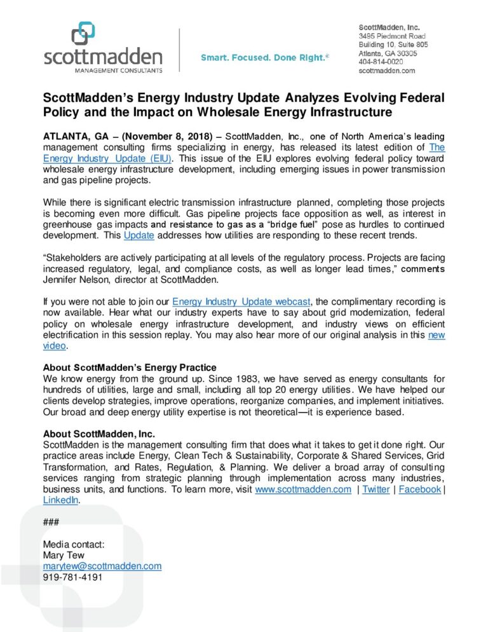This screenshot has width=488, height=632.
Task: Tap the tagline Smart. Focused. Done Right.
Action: pyautogui.click(x=265, y=58)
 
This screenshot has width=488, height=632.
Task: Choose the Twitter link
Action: pyautogui.click(x=376, y=489)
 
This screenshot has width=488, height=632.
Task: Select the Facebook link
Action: pyautogui.click(x=419, y=489)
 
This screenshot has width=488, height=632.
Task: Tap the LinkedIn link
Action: pyautogui.click(x=61, y=500)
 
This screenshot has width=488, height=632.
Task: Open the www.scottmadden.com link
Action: pyautogui.click(x=302, y=489)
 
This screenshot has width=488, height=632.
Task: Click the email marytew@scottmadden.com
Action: pyautogui.click(x=102, y=566)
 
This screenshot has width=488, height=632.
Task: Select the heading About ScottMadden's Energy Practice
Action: pyautogui.click(x=130, y=368)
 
